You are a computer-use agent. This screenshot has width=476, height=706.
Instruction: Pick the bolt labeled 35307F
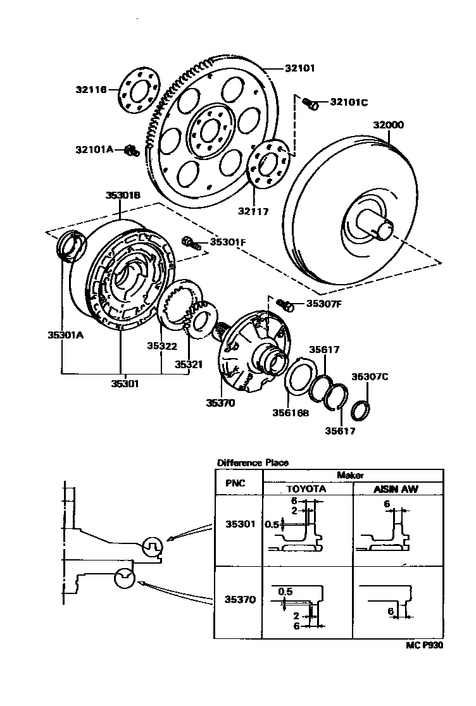coord(285,306)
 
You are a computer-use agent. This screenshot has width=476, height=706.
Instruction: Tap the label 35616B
coord(291,414)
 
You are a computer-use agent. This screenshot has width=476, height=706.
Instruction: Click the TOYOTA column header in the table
coord(306,489)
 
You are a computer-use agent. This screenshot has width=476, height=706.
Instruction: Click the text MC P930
coord(425,647)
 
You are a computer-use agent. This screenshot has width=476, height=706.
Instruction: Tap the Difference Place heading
coord(253,462)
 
